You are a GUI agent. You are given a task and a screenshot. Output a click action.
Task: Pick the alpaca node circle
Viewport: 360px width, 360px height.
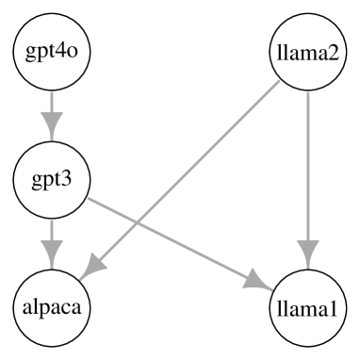(52, 308)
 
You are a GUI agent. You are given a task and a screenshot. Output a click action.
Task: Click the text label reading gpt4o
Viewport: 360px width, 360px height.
(52, 52)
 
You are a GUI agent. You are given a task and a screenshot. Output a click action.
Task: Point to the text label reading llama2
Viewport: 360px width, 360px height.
(308, 52)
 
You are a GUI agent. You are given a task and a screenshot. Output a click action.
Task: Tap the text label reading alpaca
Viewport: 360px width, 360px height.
(52, 308)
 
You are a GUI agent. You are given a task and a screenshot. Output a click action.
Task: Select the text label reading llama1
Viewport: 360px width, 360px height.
(308, 308)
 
